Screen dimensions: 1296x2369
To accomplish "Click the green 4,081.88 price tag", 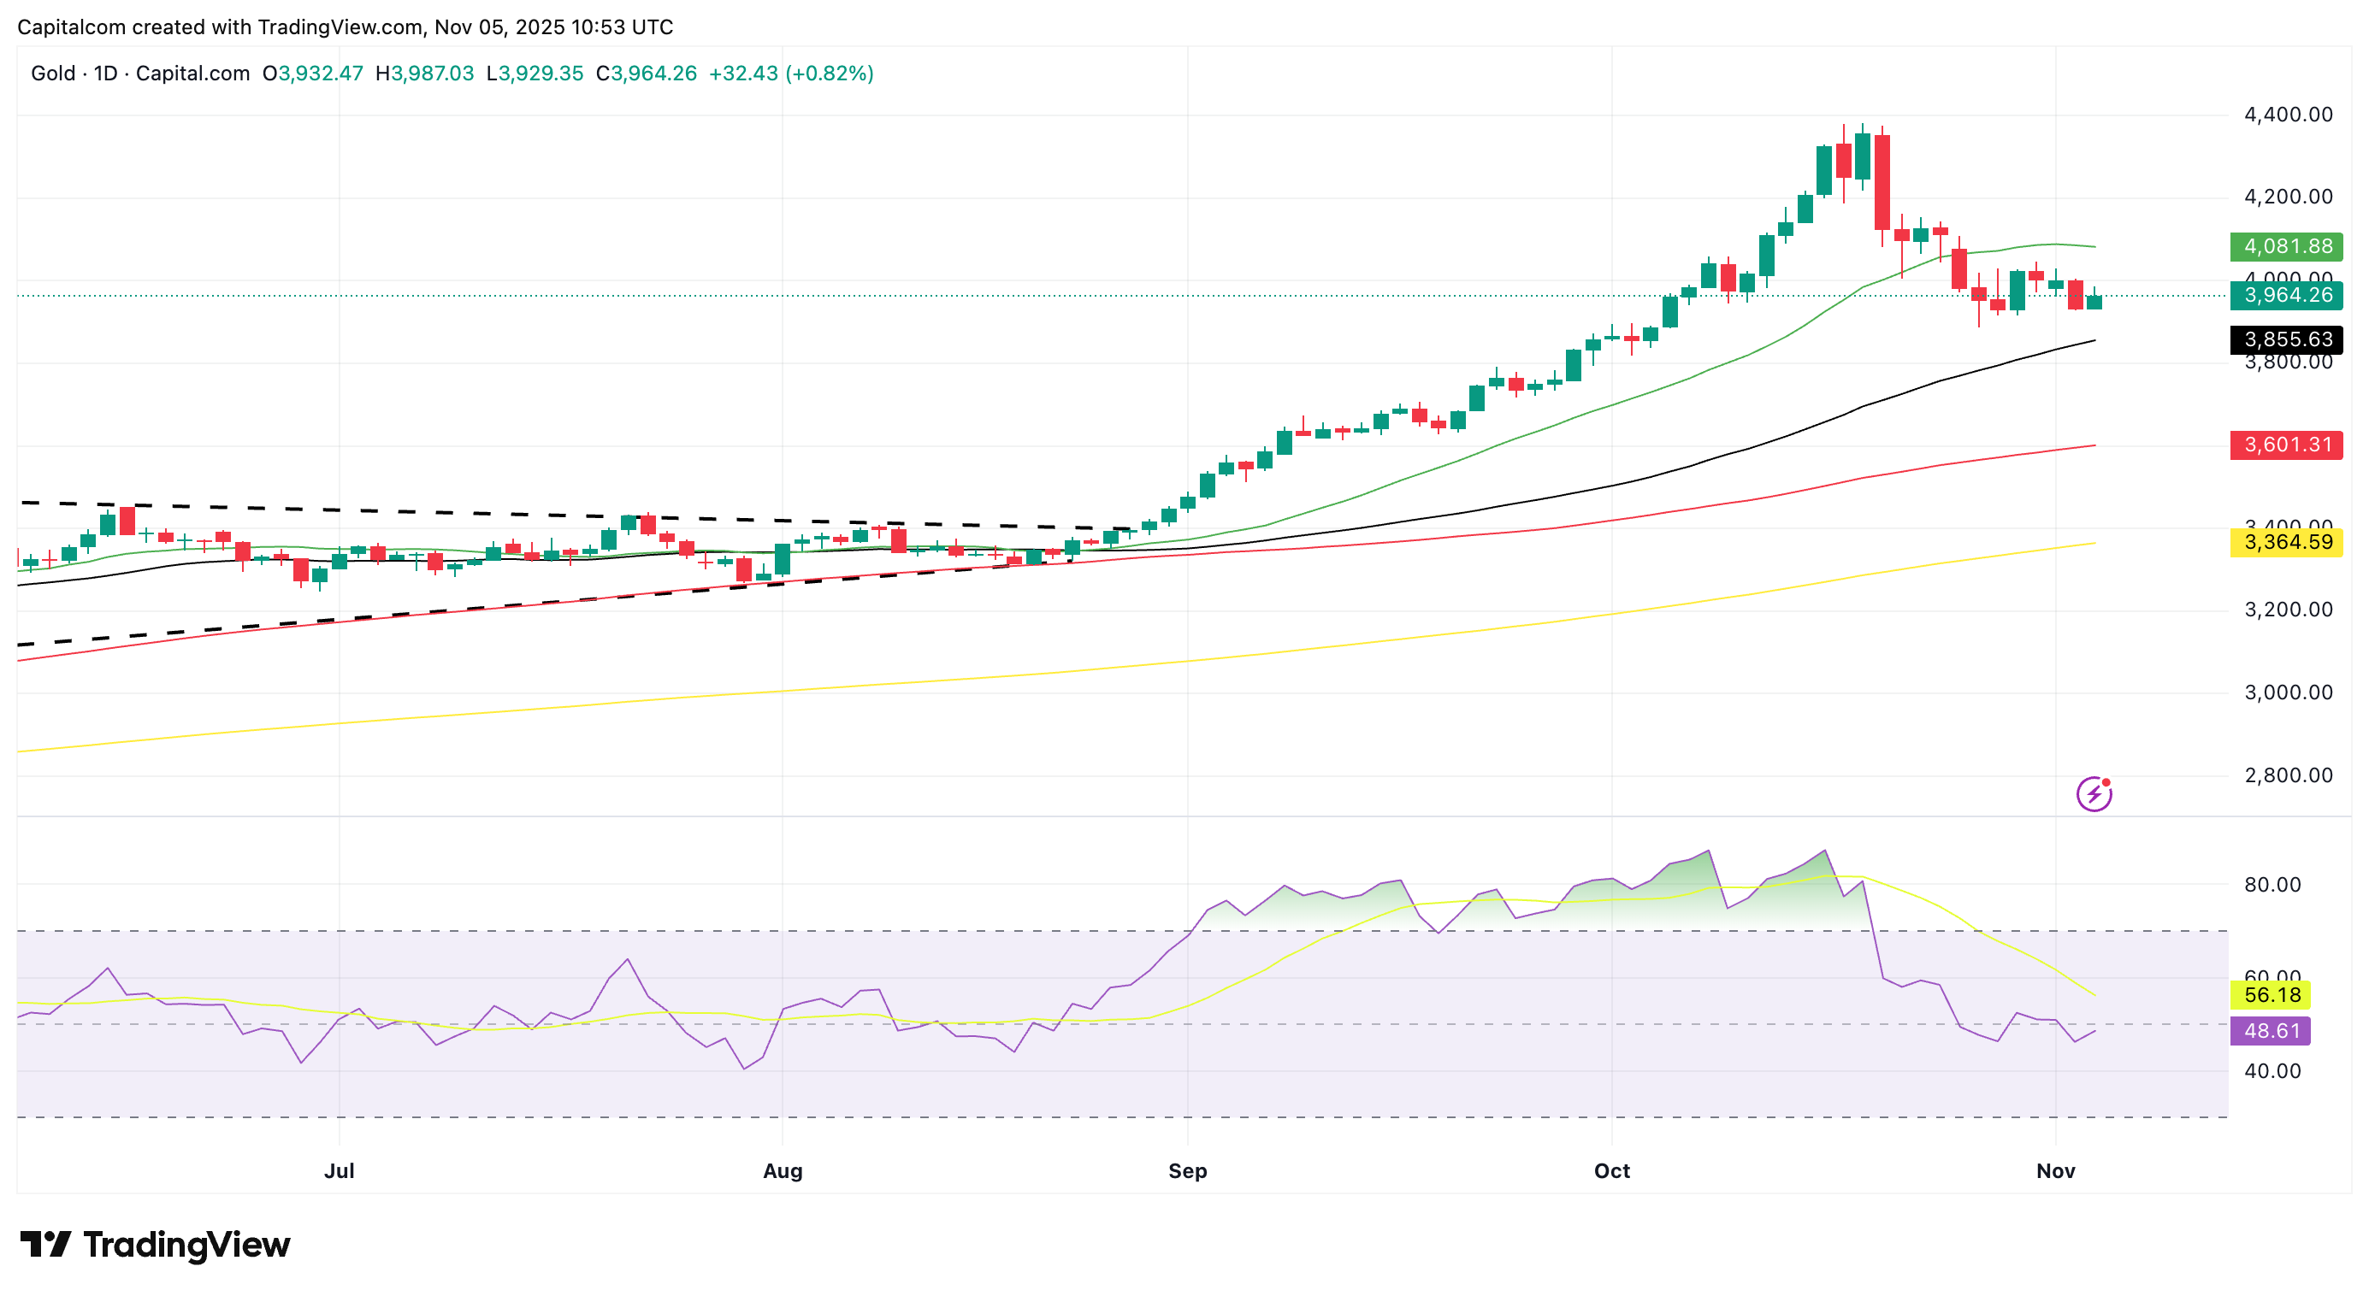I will (x=2286, y=246).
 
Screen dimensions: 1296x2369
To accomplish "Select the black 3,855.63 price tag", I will (x=2286, y=340).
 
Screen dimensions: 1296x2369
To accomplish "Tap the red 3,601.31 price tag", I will (x=2286, y=445).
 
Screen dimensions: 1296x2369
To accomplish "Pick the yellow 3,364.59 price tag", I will (x=2286, y=542).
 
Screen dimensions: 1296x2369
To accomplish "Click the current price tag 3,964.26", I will (x=2286, y=295).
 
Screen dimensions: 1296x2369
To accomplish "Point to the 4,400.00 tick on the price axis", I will (x=2288, y=115).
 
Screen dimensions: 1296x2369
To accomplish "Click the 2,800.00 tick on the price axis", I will (x=2288, y=775).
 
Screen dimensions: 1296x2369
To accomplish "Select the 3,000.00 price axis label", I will (x=2288, y=693).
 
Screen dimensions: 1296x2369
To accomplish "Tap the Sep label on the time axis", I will (x=1187, y=1171).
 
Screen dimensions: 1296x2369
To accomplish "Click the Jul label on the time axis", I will (x=340, y=1171).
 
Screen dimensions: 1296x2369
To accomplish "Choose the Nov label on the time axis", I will (x=2055, y=1171).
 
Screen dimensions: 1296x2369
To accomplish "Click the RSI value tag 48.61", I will (x=2271, y=1031).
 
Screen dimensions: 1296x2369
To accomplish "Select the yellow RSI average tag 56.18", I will (x=2271, y=995).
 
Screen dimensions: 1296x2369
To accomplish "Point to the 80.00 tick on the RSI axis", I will (x=2272, y=885).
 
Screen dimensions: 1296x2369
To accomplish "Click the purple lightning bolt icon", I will (x=2094, y=793).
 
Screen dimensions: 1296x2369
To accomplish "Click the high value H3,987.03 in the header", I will (x=425, y=74).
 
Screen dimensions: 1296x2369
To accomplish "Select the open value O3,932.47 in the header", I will (x=313, y=74).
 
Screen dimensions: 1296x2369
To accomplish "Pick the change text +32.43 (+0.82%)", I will (x=791, y=74).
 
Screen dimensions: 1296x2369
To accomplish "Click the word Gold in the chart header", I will (x=53, y=74).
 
